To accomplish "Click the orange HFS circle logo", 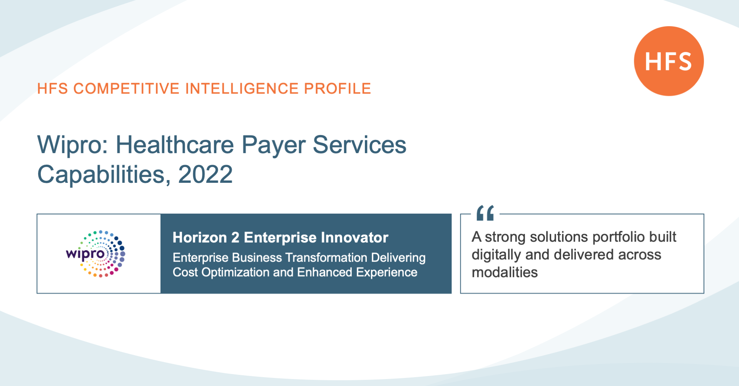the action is coord(669,61).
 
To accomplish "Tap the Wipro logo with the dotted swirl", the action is coord(96,254).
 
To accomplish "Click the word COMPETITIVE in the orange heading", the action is coord(126,89).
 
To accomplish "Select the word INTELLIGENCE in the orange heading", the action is coord(242,89).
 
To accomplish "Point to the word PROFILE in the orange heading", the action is coord(338,89).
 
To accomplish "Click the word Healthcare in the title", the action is coord(175,145).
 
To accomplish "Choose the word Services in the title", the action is coord(359,145).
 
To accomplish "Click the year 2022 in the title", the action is coord(206,175).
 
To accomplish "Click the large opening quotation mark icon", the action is coord(485,213).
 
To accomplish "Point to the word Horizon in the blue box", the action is coord(200,237).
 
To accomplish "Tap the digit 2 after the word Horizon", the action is coord(235,237).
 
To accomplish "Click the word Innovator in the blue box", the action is coord(354,237).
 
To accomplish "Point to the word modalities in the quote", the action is coord(505,272).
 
